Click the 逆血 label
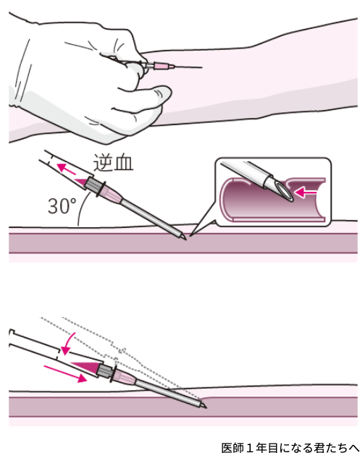point(113,163)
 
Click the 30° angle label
point(62,206)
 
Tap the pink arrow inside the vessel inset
point(305,192)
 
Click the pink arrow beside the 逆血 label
point(66,169)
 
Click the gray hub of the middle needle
point(94,185)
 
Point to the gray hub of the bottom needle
point(106,371)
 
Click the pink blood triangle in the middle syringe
point(81,182)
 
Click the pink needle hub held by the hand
point(161,67)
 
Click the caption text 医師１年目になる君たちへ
point(290,447)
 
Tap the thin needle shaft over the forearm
point(188,67)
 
